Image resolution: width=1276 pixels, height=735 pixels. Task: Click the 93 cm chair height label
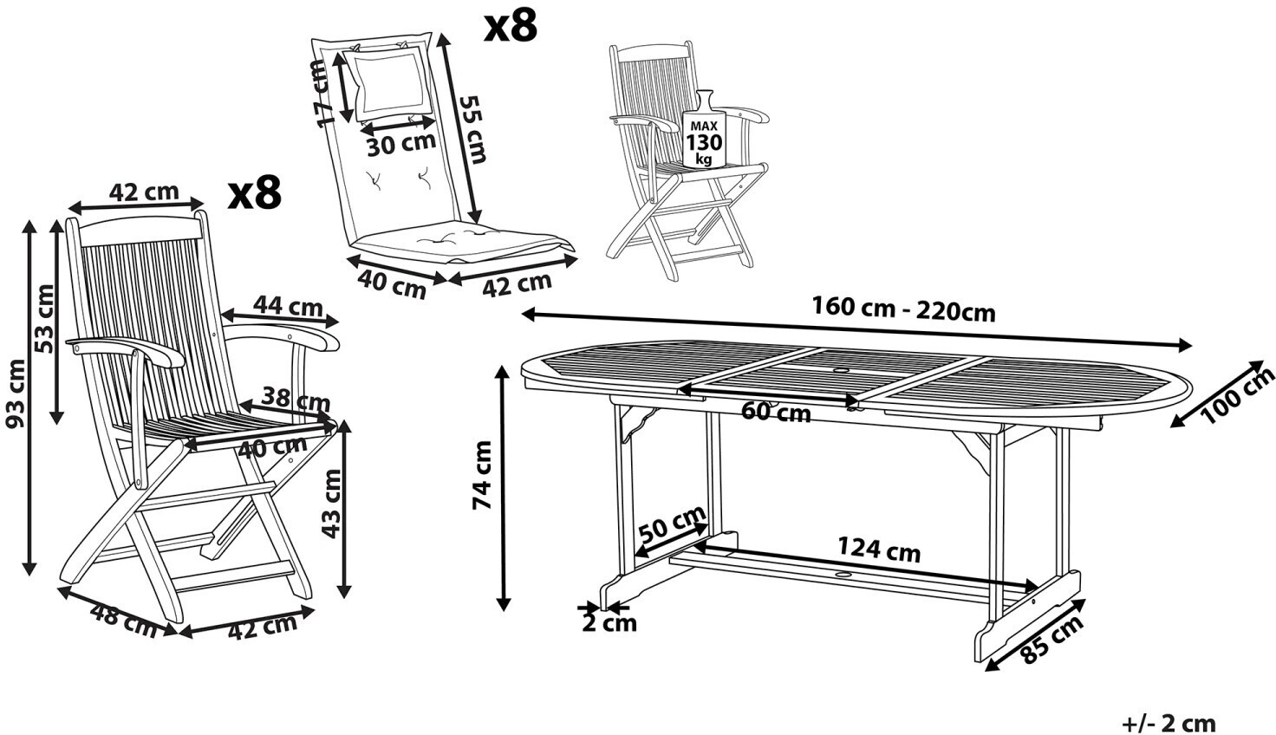pyautogui.click(x=15, y=394)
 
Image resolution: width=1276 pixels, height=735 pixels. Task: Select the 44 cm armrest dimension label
pyautogui.click(x=289, y=306)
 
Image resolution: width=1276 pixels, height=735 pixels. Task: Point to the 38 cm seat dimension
pyautogui.click(x=296, y=400)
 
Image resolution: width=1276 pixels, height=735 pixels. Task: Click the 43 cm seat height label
pyautogui.click(x=330, y=503)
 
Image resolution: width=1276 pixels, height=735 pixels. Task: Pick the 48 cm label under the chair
pyautogui.click(x=124, y=621)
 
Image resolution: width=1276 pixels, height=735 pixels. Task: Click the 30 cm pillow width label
pyautogui.click(x=401, y=144)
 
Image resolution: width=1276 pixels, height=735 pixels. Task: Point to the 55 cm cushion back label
pyautogui.click(x=472, y=129)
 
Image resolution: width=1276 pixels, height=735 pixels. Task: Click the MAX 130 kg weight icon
pyautogui.click(x=704, y=129)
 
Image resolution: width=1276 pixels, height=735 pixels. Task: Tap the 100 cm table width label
pyautogui.click(x=1237, y=395)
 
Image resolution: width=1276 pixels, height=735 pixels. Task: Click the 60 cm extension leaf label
pyautogui.click(x=776, y=412)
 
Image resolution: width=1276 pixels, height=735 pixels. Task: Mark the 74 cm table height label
pyautogui.click(x=482, y=475)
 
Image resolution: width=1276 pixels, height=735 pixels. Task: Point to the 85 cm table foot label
pyautogui.click(x=1051, y=640)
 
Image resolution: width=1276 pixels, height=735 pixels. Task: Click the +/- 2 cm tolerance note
pyautogui.click(x=1169, y=724)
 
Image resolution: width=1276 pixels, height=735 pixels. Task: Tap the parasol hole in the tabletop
pyautogui.click(x=842, y=372)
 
